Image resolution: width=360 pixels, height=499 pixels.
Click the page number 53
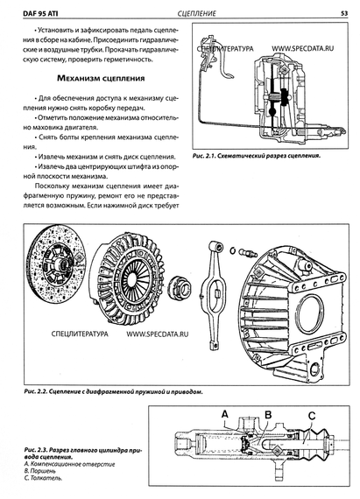tap(344, 13)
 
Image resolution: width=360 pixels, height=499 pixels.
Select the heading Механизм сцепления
tap(101, 78)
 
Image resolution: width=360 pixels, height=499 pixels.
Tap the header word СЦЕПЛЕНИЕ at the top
tap(197, 13)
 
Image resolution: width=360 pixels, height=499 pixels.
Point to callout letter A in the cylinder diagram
tap(225, 414)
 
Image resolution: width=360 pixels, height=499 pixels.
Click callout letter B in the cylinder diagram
tap(268, 414)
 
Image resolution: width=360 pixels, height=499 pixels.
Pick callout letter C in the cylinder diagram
tap(312, 416)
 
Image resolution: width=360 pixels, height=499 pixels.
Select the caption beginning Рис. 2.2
tap(113, 391)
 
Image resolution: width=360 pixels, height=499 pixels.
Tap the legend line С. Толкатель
tap(43, 478)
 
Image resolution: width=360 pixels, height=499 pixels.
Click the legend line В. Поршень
tap(39, 471)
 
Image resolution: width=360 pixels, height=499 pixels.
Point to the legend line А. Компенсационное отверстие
tap(69, 464)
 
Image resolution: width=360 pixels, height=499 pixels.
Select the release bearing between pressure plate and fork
tap(178, 288)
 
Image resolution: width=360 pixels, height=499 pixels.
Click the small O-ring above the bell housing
tap(233, 250)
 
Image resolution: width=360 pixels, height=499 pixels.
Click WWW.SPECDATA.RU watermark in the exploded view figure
tap(158, 334)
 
